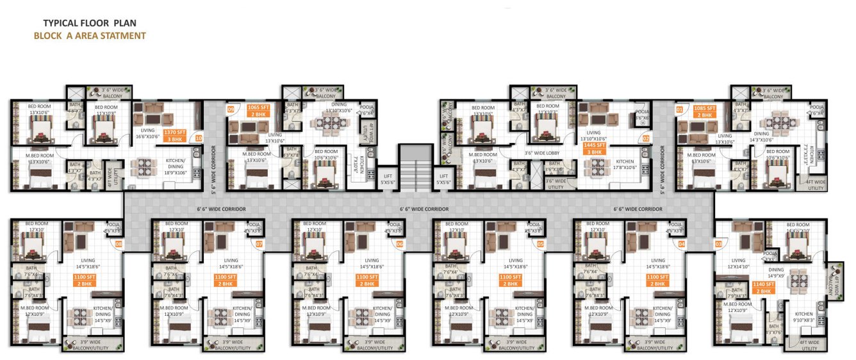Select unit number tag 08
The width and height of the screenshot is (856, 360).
(x=118, y=244)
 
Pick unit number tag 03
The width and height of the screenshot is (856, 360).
(x=718, y=244)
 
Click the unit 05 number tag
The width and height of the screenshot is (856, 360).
(x=540, y=244)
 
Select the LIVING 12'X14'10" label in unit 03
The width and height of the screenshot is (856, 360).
(x=738, y=264)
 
